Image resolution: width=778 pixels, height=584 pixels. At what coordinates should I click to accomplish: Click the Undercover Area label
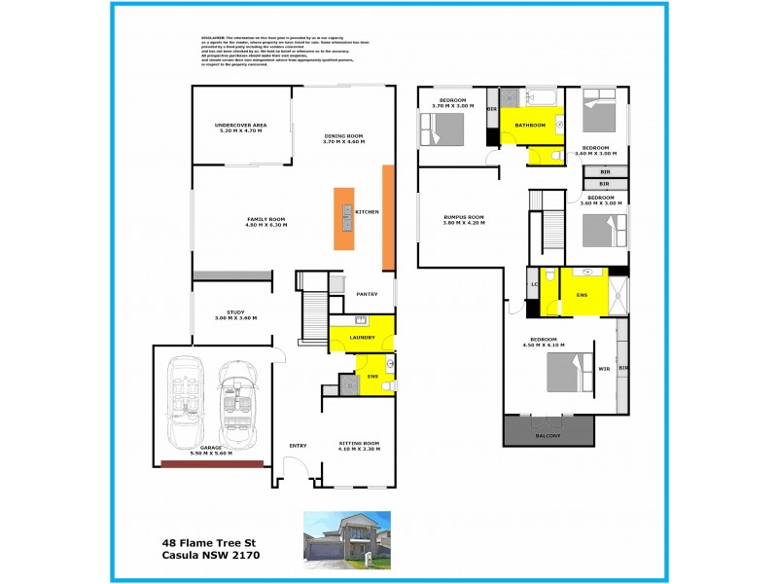coord(240,128)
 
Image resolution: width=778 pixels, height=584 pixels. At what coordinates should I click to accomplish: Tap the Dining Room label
coord(342,138)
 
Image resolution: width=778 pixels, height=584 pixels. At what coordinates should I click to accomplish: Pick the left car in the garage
coord(183,399)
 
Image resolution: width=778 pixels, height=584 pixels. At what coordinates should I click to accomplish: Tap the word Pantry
coord(367,294)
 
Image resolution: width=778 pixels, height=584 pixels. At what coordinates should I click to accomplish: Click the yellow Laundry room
coord(362,337)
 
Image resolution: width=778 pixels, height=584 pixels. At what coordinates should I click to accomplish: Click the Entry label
coord(298,446)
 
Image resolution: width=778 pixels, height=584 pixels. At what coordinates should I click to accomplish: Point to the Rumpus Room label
coord(463,219)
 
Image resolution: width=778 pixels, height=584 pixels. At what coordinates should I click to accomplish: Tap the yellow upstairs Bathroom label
coord(530,126)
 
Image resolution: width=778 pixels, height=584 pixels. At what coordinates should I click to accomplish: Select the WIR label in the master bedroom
coord(604,370)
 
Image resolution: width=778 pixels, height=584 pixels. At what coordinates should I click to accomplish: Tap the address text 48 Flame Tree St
coord(209,544)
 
